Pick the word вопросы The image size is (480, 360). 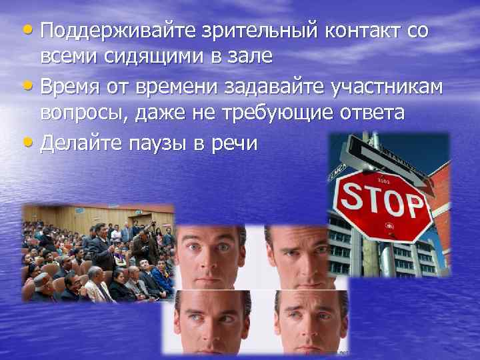[85, 113]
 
